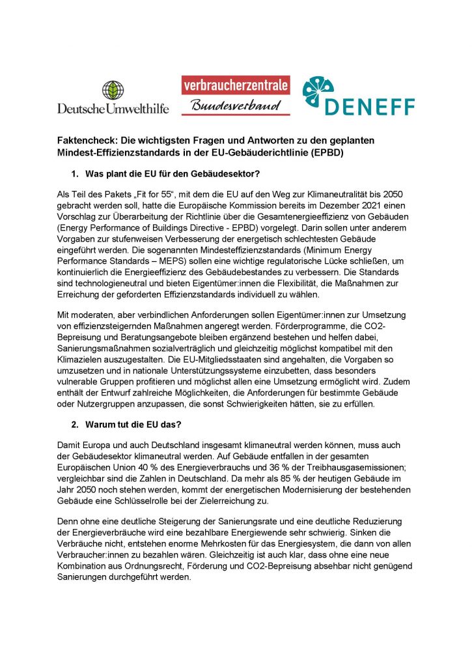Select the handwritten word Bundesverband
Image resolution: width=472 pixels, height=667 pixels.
click(x=236, y=105)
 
